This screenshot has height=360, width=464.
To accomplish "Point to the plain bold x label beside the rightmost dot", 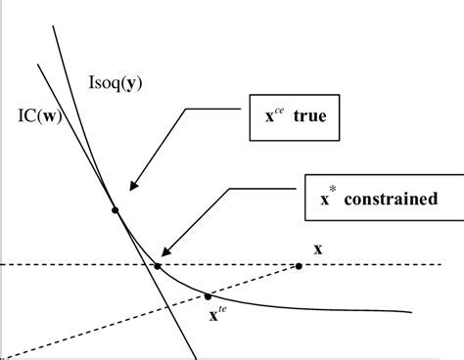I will (x=318, y=248).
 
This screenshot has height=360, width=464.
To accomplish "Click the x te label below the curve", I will (x=217, y=315).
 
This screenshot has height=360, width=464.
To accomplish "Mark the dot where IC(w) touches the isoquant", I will (x=116, y=209).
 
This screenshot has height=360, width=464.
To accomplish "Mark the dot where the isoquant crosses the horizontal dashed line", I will (x=158, y=265).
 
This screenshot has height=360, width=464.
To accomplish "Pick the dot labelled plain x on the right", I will (x=299, y=265).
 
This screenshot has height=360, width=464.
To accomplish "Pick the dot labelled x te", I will (x=209, y=296).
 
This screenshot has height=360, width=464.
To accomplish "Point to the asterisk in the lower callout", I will (x=330, y=191).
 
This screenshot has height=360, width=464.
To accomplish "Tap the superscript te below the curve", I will (x=222, y=310).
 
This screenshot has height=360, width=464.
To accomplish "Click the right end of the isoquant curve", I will (x=409, y=312).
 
